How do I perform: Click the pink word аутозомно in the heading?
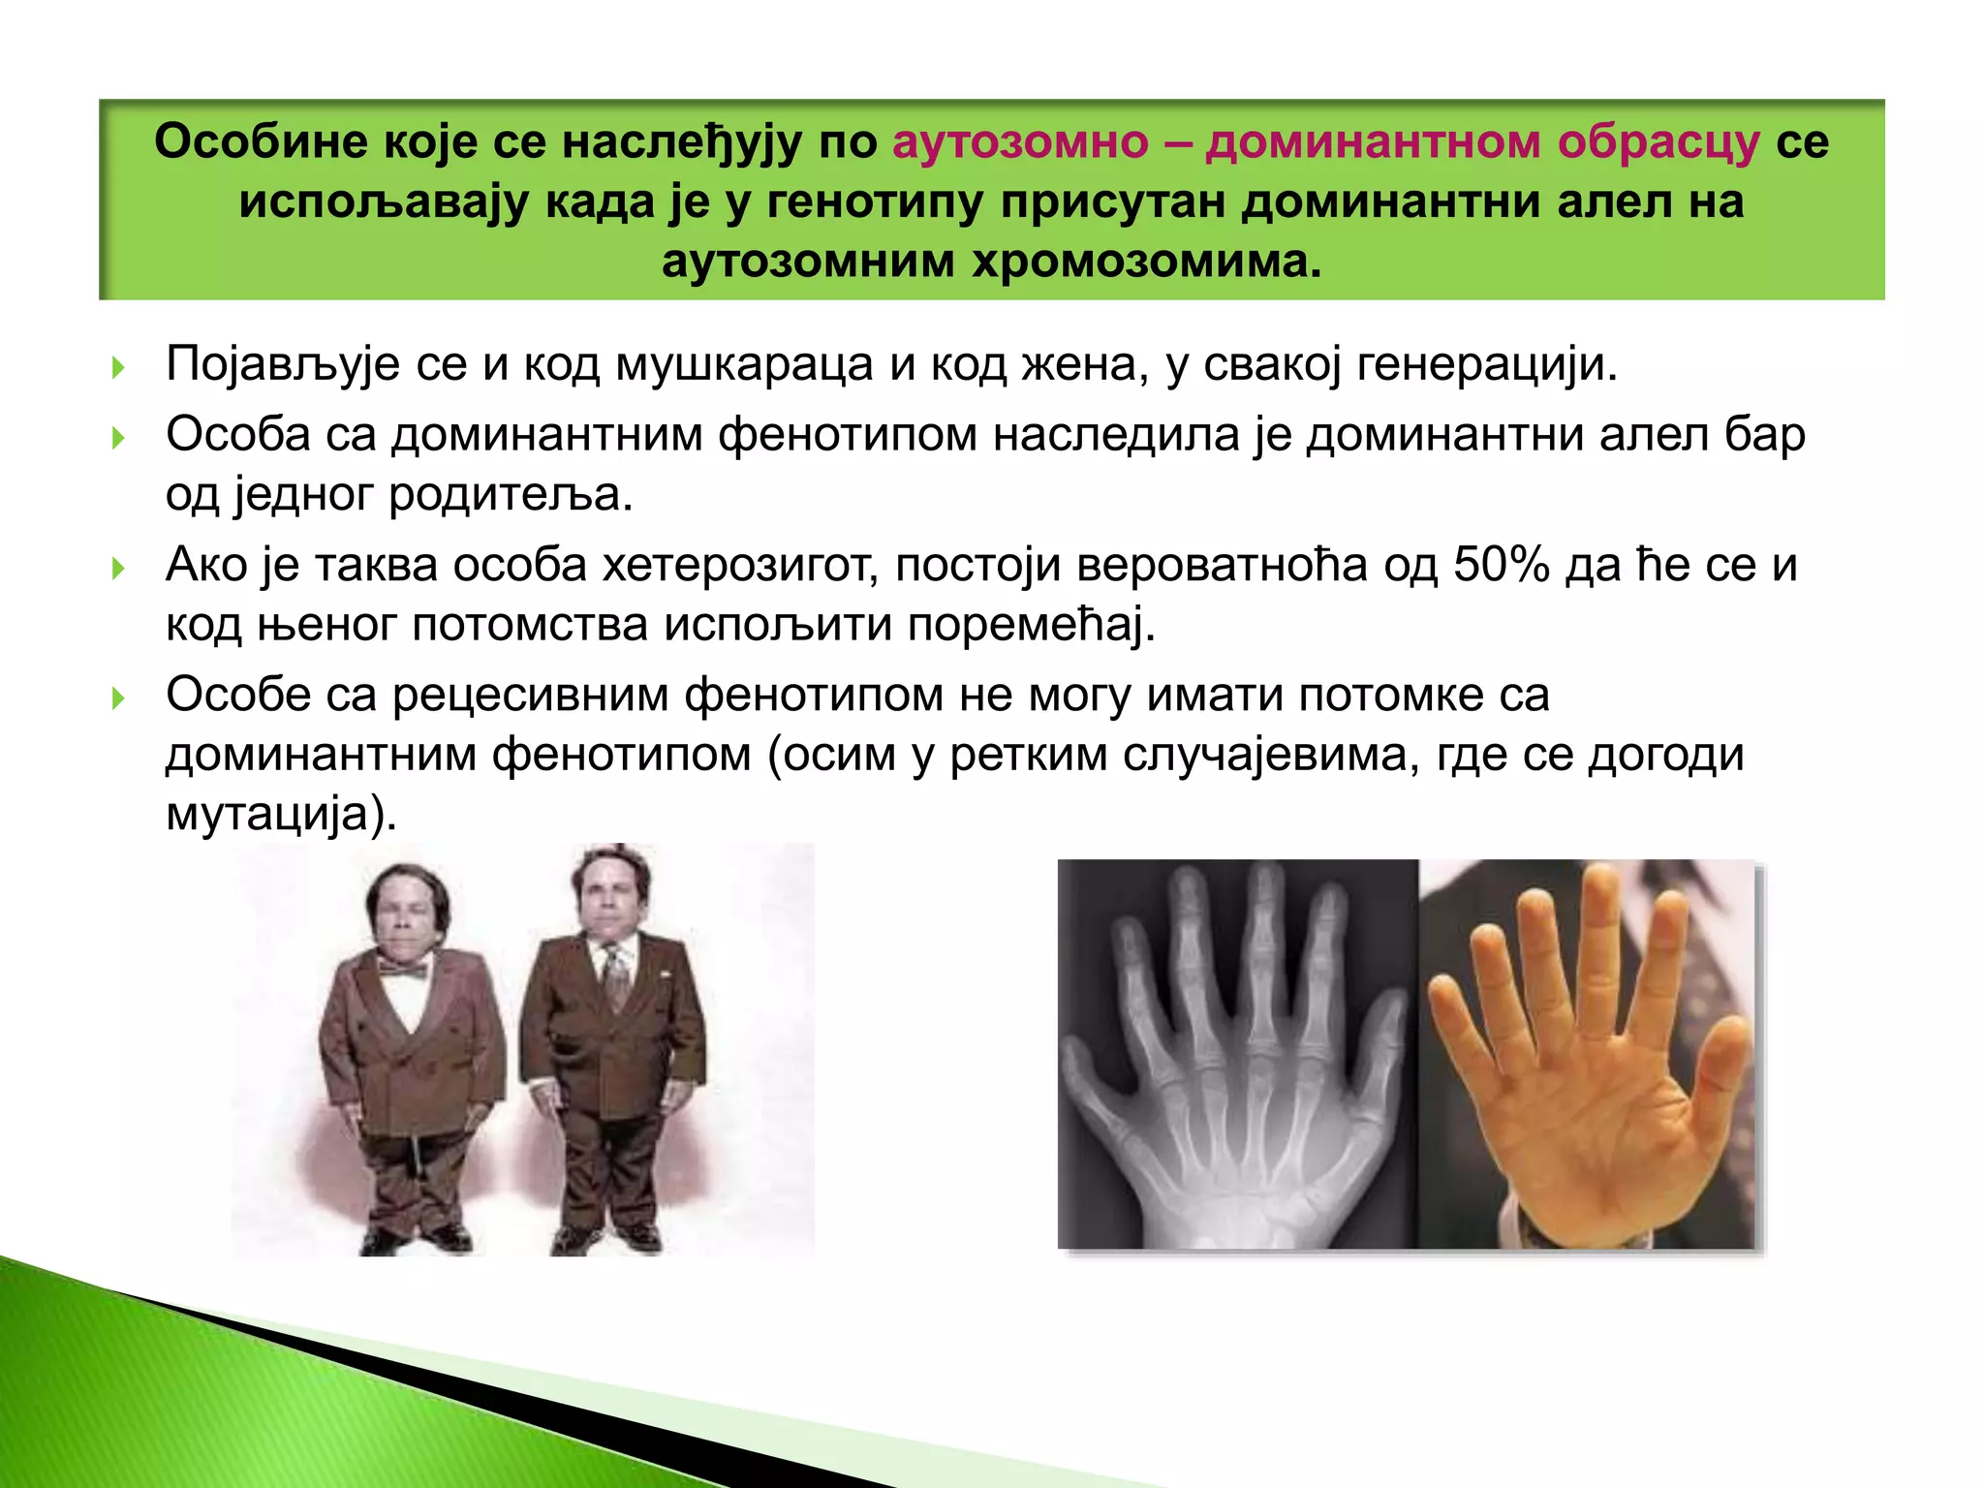(x=1020, y=142)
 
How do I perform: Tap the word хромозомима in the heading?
(x=1147, y=262)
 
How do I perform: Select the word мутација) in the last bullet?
(x=281, y=814)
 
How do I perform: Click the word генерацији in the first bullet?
(x=1487, y=365)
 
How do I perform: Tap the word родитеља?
(x=511, y=495)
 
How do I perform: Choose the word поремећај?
(x=1032, y=625)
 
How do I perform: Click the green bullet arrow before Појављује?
(x=118, y=368)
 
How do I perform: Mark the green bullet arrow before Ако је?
(x=118, y=568)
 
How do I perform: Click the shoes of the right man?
(x=605, y=1238)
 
